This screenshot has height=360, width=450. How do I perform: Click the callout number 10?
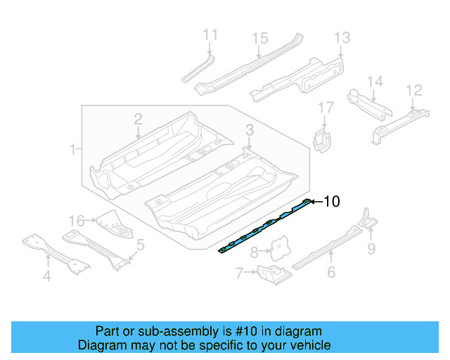tap(331, 202)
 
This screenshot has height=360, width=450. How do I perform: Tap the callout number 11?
tap(210, 34)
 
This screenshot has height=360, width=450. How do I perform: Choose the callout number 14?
tap(375, 82)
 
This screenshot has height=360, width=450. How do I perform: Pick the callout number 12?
tap(414, 89)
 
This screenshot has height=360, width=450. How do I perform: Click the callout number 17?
tap(325, 108)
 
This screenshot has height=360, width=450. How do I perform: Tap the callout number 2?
tap(139, 119)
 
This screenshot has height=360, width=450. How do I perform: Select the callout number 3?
tap(250, 129)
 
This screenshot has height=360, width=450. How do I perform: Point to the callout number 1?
tap(73, 149)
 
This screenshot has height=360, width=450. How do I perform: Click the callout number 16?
tap(76, 219)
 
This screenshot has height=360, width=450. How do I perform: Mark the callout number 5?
tap(141, 245)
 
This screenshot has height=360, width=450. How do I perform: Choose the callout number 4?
tap(47, 276)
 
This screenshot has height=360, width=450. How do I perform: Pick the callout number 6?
tap(331, 272)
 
